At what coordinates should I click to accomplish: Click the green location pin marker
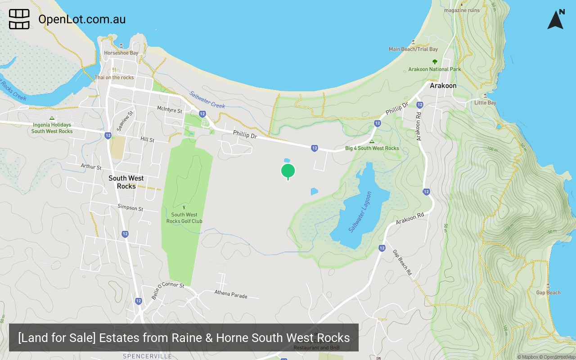click(x=288, y=171)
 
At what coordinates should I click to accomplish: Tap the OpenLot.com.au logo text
click(x=81, y=19)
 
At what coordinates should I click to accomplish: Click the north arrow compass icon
click(x=556, y=19)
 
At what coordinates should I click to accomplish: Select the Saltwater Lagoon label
click(x=360, y=211)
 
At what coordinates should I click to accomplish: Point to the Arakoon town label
click(x=443, y=85)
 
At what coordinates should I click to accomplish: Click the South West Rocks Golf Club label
click(x=184, y=218)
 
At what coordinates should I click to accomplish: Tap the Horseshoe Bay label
click(x=121, y=53)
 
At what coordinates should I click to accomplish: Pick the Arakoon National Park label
click(x=434, y=69)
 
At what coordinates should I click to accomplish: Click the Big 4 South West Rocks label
click(x=372, y=148)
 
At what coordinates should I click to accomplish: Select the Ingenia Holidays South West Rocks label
click(x=52, y=128)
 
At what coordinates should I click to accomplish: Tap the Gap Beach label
click(x=548, y=292)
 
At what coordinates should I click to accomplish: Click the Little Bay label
click(x=485, y=103)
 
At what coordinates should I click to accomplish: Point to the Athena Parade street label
click(x=231, y=295)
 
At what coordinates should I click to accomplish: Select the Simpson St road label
click(x=130, y=207)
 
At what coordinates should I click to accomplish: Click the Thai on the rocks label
click(x=114, y=77)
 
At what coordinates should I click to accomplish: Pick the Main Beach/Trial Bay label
click(x=413, y=49)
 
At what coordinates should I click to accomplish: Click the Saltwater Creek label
click(x=207, y=99)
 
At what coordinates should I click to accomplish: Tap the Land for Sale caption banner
click(x=184, y=337)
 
